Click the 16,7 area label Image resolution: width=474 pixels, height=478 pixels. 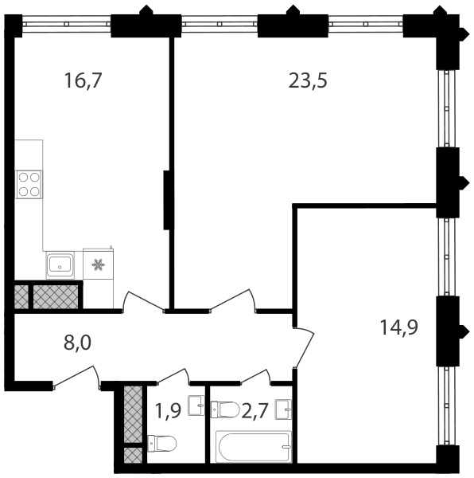coord(82,81)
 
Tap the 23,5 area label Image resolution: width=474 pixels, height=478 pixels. coord(308,81)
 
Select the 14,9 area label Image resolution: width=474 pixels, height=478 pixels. coord(399,327)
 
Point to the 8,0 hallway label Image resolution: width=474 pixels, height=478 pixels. coord(77,343)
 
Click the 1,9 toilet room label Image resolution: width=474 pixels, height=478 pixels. coord(168,409)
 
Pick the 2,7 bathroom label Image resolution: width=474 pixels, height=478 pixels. coord(254,410)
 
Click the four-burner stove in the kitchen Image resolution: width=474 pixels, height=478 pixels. coord(29,185)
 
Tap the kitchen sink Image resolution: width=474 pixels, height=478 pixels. coord(60,265)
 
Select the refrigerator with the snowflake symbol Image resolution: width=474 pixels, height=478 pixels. coord(99,264)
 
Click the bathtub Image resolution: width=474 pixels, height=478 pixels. coord(254,446)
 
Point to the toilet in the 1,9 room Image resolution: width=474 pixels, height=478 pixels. coord(162,443)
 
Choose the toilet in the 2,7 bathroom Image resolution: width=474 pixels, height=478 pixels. coord(225,409)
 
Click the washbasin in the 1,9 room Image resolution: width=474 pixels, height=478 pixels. coord(196,406)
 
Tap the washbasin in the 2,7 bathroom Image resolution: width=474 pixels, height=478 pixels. coord(283,409)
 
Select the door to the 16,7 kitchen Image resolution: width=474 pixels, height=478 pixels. coord(144,301)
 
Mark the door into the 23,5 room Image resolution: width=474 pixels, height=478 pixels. coord(233,300)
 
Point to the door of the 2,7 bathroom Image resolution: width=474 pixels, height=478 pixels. coord(255,375)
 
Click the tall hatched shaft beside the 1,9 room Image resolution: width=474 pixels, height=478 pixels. coord(133,414)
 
